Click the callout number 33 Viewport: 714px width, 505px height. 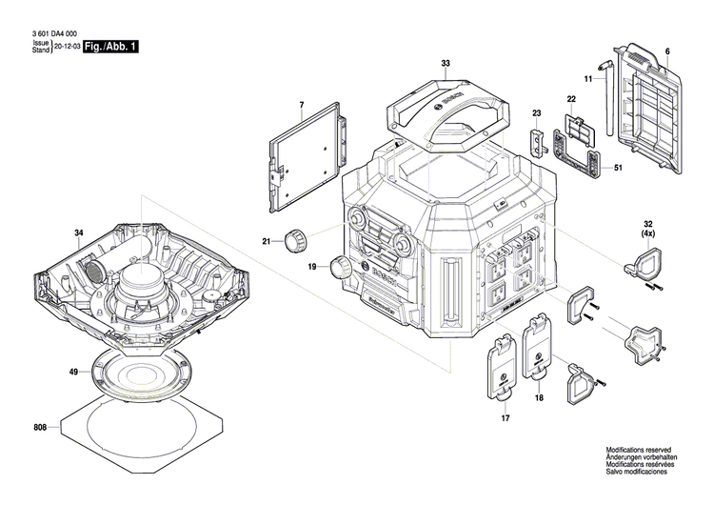click(446, 65)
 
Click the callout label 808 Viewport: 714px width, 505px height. click(39, 428)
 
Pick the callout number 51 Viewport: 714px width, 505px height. click(619, 169)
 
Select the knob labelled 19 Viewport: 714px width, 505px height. click(342, 269)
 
